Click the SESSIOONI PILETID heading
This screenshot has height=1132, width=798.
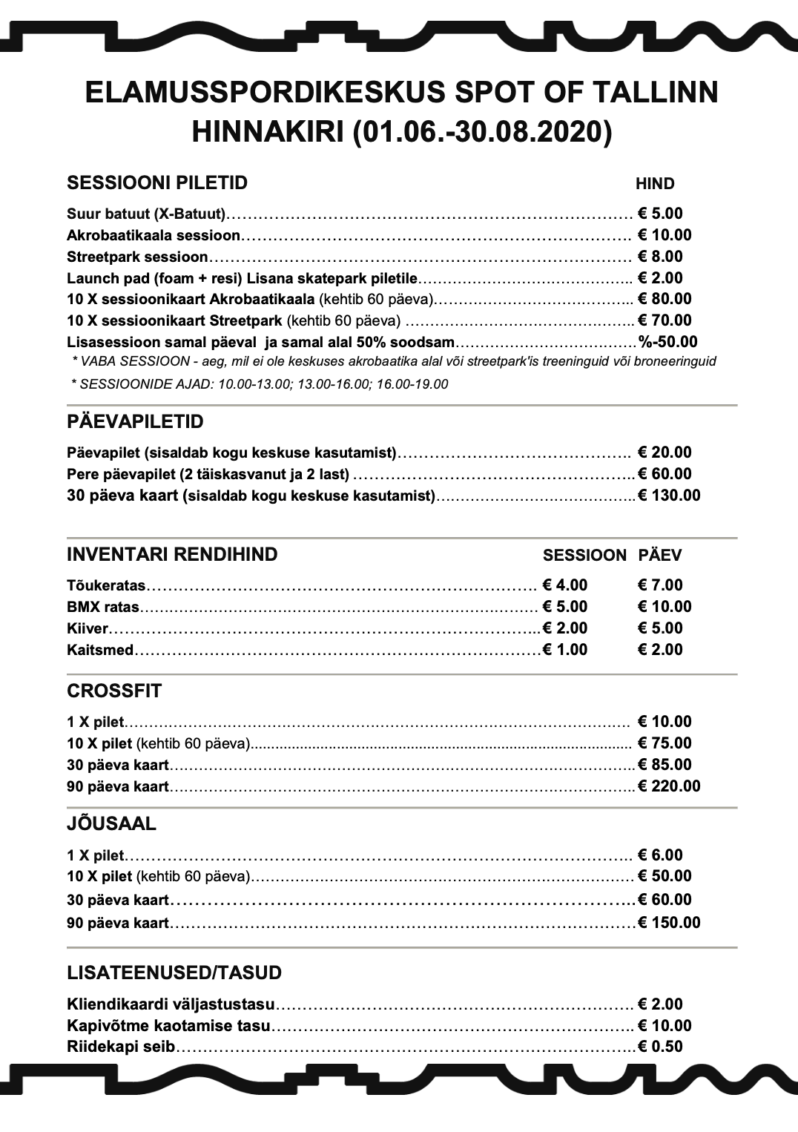[x=157, y=183]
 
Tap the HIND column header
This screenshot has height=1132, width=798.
[x=655, y=184]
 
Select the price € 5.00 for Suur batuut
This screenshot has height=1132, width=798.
[x=660, y=214]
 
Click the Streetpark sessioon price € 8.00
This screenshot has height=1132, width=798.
[x=660, y=257]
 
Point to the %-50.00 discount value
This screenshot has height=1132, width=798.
[x=667, y=342]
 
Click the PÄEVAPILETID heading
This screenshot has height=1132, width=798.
[x=135, y=422]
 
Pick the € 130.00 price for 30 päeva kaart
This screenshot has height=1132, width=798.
[x=669, y=496]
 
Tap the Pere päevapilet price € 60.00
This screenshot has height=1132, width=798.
[x=665, y=474]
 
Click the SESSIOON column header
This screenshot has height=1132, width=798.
[x=584, y=556]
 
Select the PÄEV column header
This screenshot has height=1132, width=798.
[x=659, y=556]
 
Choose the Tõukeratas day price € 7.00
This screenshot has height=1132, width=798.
[x=660, y=585]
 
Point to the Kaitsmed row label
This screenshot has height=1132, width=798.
[x=100, y=650]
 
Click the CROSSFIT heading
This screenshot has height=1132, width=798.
[x=114, y=691]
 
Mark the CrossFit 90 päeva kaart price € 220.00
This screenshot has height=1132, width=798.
[x=669, y=786]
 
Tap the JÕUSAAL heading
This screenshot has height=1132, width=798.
[x=111, y=824]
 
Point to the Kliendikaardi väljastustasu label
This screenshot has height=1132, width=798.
[x=171, y=1004]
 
